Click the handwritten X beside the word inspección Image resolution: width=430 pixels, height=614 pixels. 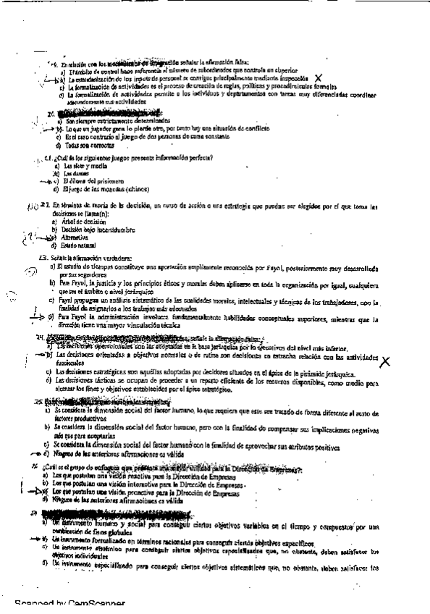(319, 78)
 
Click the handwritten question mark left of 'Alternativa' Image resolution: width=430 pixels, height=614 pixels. (29, 235)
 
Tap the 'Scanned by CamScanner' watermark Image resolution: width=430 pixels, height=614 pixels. (69, 603)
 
